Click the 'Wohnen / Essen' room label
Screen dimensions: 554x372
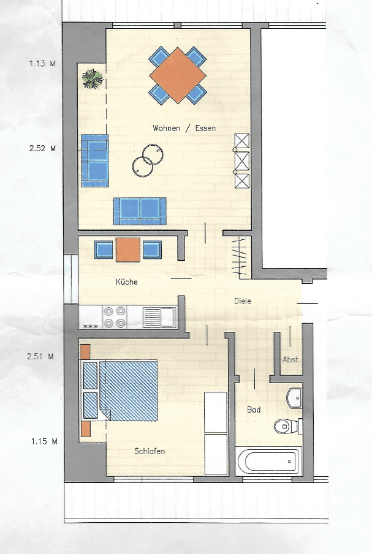pyautogui.click(x=184, y=129)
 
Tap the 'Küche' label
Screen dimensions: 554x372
pyautogui.click(x=126, y=282)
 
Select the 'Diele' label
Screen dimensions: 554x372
pyautogui.click(x=243, y=301)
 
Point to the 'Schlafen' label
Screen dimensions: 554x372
pyautogui.click(x=150, y=451)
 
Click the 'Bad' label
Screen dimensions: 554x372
pyautogui.click(x=254, y=410)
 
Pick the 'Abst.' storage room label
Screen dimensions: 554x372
pyautogui.click(x=291, y=360)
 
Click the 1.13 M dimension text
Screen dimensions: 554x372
pyautogui.click(x=42, y=62)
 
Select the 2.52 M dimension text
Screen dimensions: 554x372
pyautogui.click(x=42, y=148)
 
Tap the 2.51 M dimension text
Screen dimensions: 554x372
pyautogui.click(x=42, y=356)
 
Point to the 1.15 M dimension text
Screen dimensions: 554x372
pyautogui.click(x=42, y=440)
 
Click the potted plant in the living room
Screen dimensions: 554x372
pyautogui.click(x=93, y=78)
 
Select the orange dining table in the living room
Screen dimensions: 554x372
pyautogui.click(x=178, y=75)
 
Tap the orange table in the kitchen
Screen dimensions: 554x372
pyautogui.click(x=128, y=249)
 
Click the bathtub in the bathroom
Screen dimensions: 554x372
pyautogui.click(x=268, y=461)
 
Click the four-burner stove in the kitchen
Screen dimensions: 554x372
pyautogui.click(x=115, y=317)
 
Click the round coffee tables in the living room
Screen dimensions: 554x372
pyautogui.click(x=147, y=157)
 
